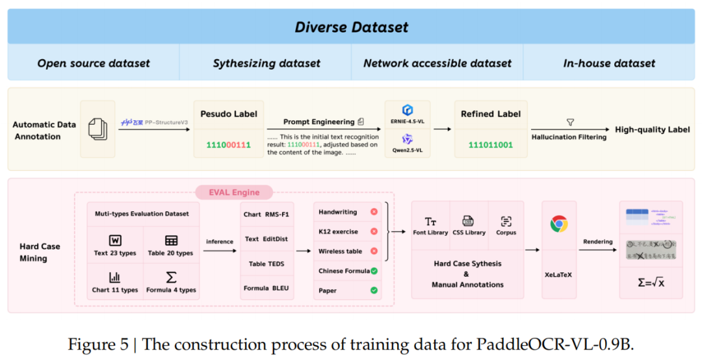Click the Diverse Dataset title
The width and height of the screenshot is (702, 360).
pos(351,27)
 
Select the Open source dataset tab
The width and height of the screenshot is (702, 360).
pos(94,63)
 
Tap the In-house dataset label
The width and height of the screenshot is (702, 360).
pos(609,63)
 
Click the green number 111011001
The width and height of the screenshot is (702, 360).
pos(491,144)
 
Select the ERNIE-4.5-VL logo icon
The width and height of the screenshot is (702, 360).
pos(408,110)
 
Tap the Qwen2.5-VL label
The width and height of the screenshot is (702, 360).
pos(408,150)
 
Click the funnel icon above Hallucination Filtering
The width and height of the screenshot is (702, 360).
pos(570,122)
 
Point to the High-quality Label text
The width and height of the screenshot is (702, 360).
pos(653,129)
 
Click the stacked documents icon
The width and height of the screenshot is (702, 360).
pos(97,129)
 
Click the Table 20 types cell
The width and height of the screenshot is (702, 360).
pos(171,246)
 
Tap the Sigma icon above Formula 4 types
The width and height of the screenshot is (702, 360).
pos(171,277)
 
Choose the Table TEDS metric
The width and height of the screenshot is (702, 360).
pos(266,264)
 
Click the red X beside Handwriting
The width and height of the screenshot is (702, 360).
pos(374,212)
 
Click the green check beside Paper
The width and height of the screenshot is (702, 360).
pos(374,290)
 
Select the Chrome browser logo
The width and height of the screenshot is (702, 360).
pos(558,224)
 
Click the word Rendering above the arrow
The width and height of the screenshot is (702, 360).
pos(597,242)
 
